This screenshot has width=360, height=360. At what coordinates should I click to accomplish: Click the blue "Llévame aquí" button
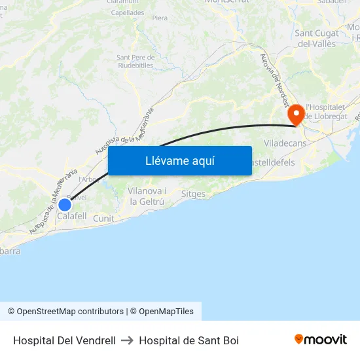click(179, 160)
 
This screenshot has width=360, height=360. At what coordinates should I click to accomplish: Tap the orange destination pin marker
click(296, 115)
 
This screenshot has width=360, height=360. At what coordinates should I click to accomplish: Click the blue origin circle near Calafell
click(64, 204)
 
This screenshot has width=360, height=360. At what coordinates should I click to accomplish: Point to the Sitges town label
click(193, 194)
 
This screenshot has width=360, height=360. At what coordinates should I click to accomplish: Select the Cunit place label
click(103, 219)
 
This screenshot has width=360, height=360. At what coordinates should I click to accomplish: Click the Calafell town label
click(72, 216)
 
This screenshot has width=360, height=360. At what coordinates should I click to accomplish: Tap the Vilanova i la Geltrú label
click(147, 196)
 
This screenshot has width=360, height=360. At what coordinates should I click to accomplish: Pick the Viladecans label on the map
click(285, 142)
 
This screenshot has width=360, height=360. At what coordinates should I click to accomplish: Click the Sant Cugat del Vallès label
click(317, 39)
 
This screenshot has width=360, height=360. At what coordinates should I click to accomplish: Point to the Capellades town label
click(128, 12)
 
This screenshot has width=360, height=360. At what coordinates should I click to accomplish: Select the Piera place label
click(160, 18)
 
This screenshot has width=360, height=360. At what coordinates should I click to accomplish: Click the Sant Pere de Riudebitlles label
click(135, 61)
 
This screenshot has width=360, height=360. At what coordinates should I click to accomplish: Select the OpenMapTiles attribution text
click(166, 312)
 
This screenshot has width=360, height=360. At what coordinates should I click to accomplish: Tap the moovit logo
click(321, 339)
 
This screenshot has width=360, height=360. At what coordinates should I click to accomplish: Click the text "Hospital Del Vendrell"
click(64, 340)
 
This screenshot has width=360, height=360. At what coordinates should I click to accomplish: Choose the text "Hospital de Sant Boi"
click(189, 340)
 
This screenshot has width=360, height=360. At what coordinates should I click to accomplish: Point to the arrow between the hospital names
click(127, 340)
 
